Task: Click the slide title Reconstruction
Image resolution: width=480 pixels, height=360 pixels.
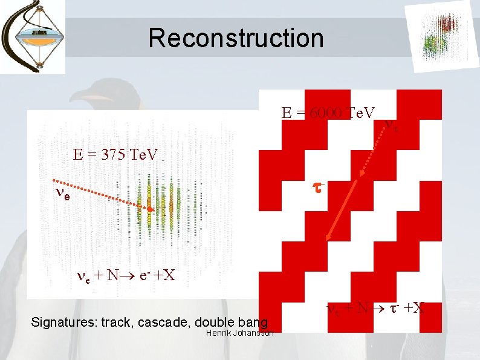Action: pyautogui.click(x=236, y=38)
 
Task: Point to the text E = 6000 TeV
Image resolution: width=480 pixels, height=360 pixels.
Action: pyautogui.click(x=328, y=113)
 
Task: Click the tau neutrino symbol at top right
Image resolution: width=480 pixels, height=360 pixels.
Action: pyautogui.click(x=391, y=126)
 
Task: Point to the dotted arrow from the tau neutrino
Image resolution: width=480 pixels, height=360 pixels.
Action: pyautogui.click(x=374, y=150)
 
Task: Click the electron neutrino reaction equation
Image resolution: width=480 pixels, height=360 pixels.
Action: pyautogui.click(x=126, y=275)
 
